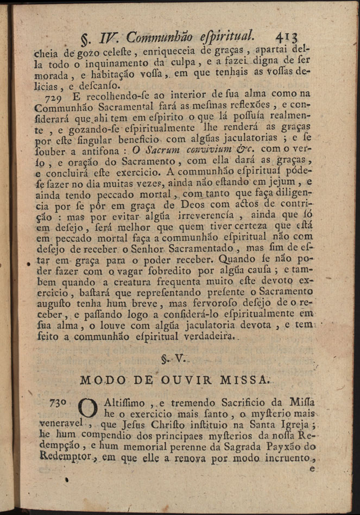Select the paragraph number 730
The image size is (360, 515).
click(59, 404)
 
